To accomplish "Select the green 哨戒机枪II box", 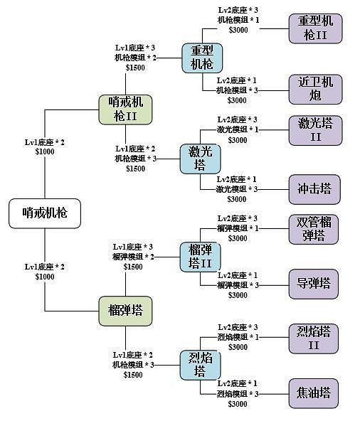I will click(127, 110).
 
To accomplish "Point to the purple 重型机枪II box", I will click(314, 28).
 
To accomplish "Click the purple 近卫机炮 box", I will click(314, 87).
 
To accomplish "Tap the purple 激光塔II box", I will click(314, 129).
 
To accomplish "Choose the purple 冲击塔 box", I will click(314, 189).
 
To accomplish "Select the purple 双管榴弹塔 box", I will click(314, 228).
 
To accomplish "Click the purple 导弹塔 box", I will click(314, 284).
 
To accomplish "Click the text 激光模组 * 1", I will click(238, 129).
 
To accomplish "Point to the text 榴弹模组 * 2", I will click(132, 256).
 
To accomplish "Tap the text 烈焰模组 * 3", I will click(238, 393).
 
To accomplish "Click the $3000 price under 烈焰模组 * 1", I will click(238, 347).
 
